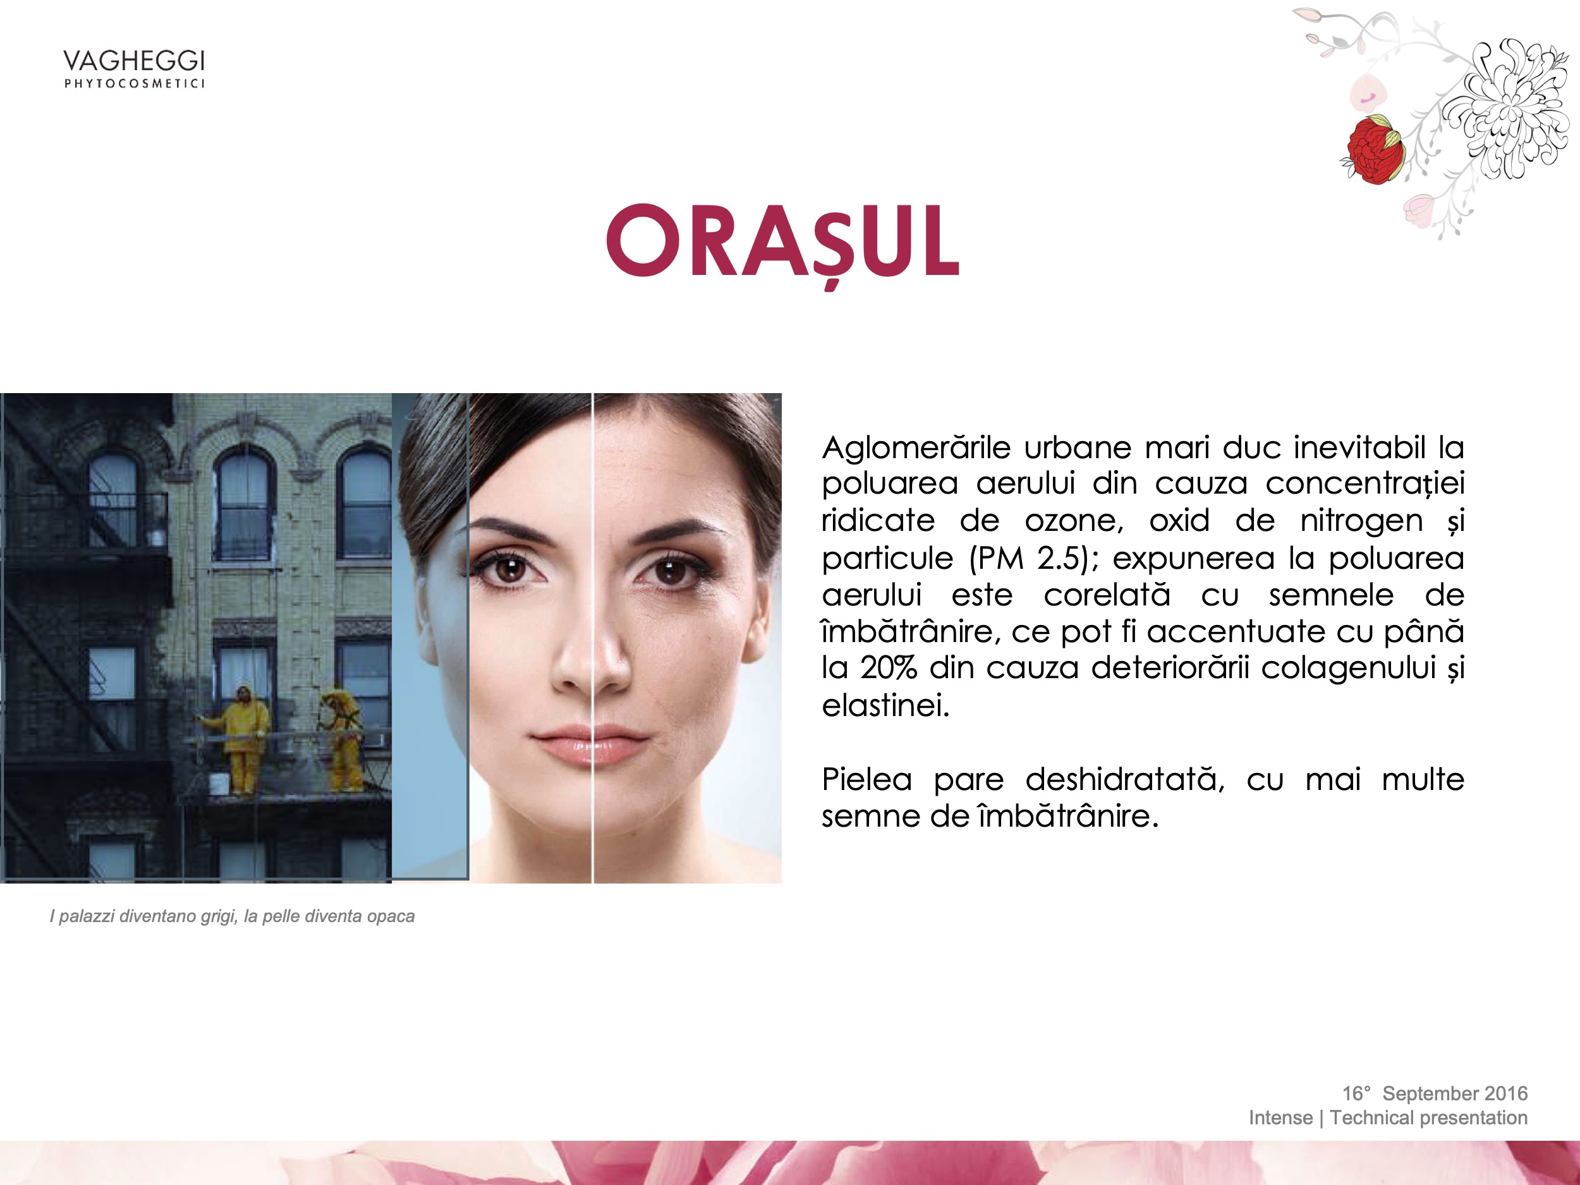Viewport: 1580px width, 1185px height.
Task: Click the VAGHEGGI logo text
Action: click(x=133, y=61)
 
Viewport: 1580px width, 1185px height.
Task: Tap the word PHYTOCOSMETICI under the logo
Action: click(x=134, y=83)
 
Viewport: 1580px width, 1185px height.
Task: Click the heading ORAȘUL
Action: click(x=783, y=241)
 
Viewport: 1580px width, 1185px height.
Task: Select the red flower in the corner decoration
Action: click(x=1372, y=149)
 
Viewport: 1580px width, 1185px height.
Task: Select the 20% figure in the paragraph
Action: click(x=888, y=668)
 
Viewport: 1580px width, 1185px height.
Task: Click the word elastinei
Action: click(x=885, y=705)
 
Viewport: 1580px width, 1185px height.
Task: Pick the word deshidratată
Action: click(x=1124, y=779)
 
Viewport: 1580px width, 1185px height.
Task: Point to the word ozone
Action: click(x=1074, y=521)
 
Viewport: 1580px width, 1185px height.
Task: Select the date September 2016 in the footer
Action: click(x=1454, y=1093)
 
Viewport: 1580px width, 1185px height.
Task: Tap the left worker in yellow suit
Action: click(x=243, y=740)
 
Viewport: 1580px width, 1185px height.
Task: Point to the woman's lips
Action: click(x=592, y=746)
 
